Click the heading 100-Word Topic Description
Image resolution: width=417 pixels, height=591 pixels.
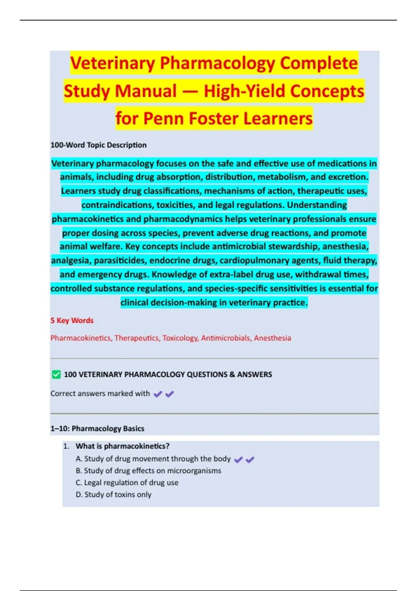pyautogui.click(x=98, y=145)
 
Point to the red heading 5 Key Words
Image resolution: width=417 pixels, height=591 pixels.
pyautogui.click(x=72, y=321)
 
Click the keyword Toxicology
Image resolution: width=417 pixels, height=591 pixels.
pyautogui.click(x=180, y=338)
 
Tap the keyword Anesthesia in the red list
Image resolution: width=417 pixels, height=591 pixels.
pyautogui.click(x=272, y=338)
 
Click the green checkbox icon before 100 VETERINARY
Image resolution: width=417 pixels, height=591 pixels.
pyautogui.click(x=56, y=374)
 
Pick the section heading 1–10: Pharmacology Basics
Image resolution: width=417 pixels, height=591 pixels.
pyautogui.click(x=97, y=428)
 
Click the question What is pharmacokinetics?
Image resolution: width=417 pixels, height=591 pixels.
pyautogui.click(x=122, y=446)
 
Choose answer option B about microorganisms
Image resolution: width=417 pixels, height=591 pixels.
pyautogui.click(x=148, y=471)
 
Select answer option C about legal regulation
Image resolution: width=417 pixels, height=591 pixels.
pyautogui.click(x=127, y=483)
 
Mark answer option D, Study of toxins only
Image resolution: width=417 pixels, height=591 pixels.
pyautogui.click(x=114, y=494)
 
